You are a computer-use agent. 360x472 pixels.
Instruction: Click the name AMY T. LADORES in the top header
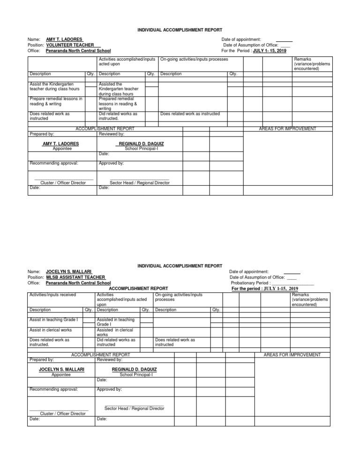coord(64,39)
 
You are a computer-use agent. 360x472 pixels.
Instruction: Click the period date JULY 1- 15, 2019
coord(269,50)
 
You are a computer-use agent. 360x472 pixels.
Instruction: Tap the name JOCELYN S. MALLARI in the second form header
coord(68,272)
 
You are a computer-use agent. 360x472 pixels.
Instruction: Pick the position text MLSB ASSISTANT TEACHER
coord(75,277)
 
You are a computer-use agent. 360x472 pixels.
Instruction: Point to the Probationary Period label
coord(251,283)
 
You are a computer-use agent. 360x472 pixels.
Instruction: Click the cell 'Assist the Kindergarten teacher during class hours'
coord(55,86)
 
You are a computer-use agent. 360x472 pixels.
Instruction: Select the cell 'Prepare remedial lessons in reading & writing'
coord(56,101)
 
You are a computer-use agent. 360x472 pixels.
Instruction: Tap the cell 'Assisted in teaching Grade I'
coord(115,322)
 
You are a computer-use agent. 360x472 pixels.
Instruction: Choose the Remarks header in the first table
coord(306,64)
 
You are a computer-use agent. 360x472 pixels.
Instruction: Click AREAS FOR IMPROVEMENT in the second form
coord(292,355)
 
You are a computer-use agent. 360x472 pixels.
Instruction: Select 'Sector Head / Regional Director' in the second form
coord(134,408)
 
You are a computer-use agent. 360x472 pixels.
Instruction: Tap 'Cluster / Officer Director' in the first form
coord(63,183)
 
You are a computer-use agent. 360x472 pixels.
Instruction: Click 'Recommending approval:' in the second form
coord(54,389)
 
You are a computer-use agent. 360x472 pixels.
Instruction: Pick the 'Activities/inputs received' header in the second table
coord(53,295)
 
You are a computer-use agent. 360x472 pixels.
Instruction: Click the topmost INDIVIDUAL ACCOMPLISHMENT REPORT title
coord(180,30)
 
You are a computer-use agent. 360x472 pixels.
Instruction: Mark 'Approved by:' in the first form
coord(112,163)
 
